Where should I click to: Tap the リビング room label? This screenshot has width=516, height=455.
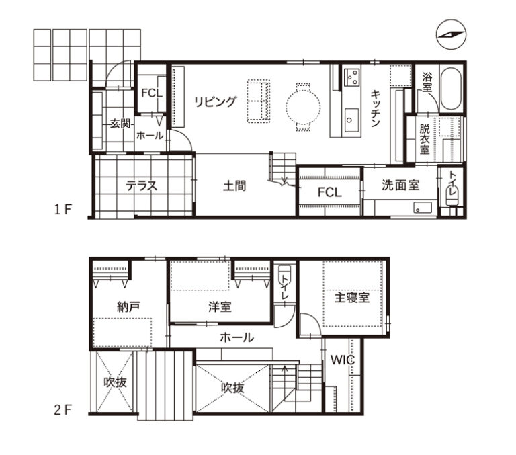point(216,101)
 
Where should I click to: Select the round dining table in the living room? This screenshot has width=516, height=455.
point(303,107)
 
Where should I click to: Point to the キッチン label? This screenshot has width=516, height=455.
point(376,108)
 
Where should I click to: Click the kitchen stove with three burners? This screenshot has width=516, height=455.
point(352,77)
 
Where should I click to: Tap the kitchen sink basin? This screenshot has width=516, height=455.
point(352,120)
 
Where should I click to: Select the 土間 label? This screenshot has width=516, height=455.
point(234,186)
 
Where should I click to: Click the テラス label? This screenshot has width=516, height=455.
point(142,186)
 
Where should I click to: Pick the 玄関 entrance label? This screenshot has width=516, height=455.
point(120,124)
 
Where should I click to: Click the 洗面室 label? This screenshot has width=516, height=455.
point(400,185)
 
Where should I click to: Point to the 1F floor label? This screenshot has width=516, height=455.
point(63,210)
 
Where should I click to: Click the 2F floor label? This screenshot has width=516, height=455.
point(63,410)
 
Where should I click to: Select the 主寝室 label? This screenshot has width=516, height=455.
point(352,298)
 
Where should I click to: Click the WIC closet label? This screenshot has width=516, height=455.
point(342,360)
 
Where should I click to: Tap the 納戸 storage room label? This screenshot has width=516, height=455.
point(129,307)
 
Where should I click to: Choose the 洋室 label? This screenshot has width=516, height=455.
point(220,307)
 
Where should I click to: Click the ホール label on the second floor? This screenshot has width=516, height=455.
point(237,337)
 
